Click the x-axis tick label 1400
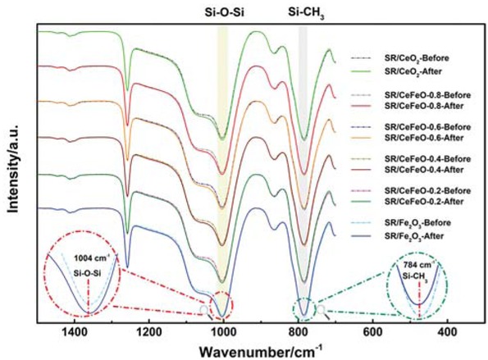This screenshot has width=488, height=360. click(74, 331)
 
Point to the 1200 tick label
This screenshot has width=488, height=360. click(148, 331)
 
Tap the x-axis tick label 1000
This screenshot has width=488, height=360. click(223, 331)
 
